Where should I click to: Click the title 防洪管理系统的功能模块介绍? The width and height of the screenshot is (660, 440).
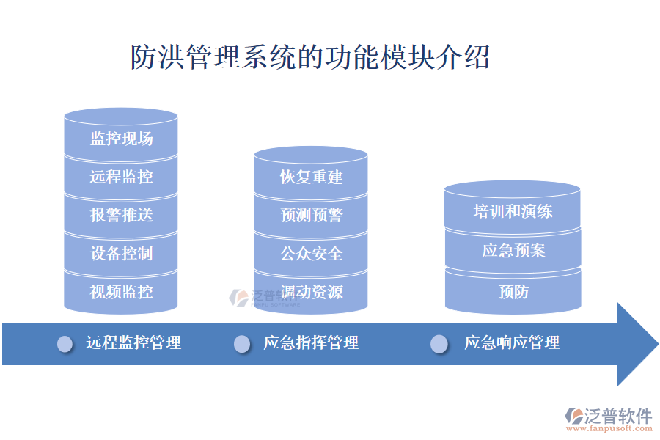[309, 57]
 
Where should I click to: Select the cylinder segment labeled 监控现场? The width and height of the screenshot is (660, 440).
[121, 139]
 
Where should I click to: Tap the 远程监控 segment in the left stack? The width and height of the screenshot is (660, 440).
[121, 177]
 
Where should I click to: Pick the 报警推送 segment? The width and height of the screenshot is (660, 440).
[121, 215]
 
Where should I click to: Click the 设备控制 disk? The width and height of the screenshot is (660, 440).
[121, 254]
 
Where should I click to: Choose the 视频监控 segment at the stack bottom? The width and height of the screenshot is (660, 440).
[121, 292]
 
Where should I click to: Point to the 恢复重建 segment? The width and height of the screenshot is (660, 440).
[311, 177]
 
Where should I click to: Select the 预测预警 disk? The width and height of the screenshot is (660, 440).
[311, 216]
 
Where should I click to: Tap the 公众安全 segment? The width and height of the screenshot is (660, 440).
[311, 254]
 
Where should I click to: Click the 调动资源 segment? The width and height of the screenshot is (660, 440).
[311, 292]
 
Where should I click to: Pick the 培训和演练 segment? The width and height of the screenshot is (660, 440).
[513, 212]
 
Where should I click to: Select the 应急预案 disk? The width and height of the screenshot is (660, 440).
[513, 251]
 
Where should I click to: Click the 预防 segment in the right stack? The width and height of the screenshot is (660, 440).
[513, 292]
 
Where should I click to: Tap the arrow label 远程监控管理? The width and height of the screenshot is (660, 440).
[133, 342]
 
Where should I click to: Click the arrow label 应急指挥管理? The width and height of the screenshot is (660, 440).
[311, 342]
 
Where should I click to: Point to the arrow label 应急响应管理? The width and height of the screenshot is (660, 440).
[512, 342]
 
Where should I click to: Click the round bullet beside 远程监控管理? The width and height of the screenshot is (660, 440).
[65, 344]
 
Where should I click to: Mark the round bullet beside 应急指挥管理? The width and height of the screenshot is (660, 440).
[242, 344]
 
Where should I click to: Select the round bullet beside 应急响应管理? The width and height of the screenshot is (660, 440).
[439, 344]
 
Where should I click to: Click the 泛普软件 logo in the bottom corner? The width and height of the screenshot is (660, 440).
[608, 418]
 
